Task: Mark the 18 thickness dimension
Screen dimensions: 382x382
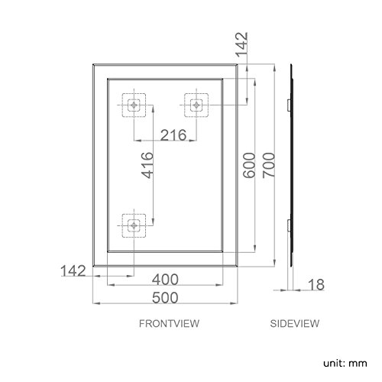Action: pos(316,285)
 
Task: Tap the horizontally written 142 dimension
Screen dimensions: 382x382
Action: pos(74,270)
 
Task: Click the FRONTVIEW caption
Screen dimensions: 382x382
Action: pos(169,323)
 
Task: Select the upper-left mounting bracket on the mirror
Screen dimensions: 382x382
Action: pos(134,105)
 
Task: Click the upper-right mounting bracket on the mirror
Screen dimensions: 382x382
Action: pos(196,105)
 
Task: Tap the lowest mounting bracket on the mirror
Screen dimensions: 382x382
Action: pos(134,225)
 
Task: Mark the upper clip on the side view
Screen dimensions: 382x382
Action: pos(287,102)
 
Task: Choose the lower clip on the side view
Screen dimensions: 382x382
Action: pos(287,225)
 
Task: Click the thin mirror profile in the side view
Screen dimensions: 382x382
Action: pos(291,168)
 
